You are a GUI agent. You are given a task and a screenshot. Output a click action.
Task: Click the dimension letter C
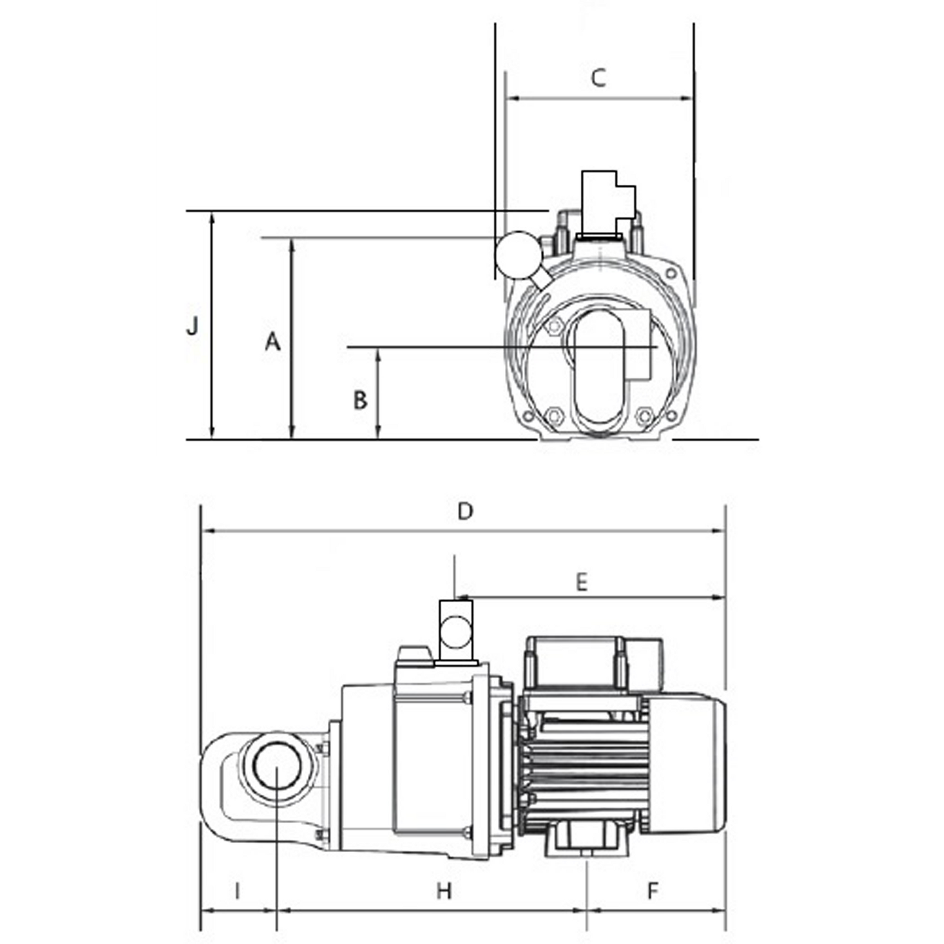[x=599, y=78]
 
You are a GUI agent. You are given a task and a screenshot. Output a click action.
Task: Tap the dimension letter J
[x=193, y=325]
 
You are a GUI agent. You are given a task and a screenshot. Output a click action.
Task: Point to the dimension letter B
[x=360, y=400]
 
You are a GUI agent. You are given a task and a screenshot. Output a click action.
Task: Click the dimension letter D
[x=466, y=512]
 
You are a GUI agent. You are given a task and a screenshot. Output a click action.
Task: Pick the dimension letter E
[x=581, y=583]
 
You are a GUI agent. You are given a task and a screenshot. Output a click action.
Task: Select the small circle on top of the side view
[x=456, y=631]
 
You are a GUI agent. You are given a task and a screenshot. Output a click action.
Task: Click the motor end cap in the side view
[x=684, y=764]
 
